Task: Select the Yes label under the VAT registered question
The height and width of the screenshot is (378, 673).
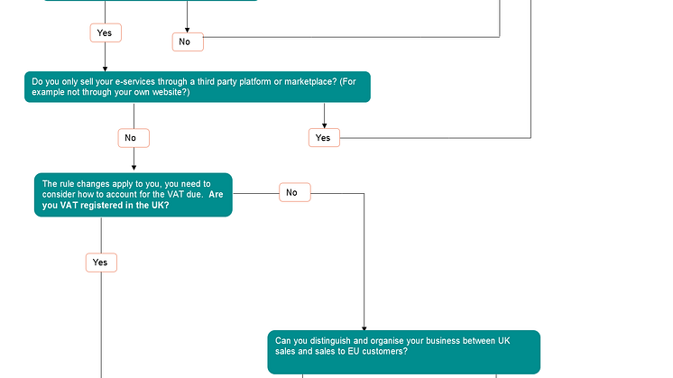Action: [101, 263]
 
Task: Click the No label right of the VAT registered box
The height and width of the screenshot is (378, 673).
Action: [291, 192]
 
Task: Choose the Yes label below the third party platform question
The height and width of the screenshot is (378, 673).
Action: [323, 138]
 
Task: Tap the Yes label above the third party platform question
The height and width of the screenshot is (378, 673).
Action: [105, 32]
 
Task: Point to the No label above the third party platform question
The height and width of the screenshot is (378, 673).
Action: [187, 41]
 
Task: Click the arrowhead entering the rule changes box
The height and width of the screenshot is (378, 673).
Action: [134, 170]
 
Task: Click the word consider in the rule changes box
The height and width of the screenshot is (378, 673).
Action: [60, 195]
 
